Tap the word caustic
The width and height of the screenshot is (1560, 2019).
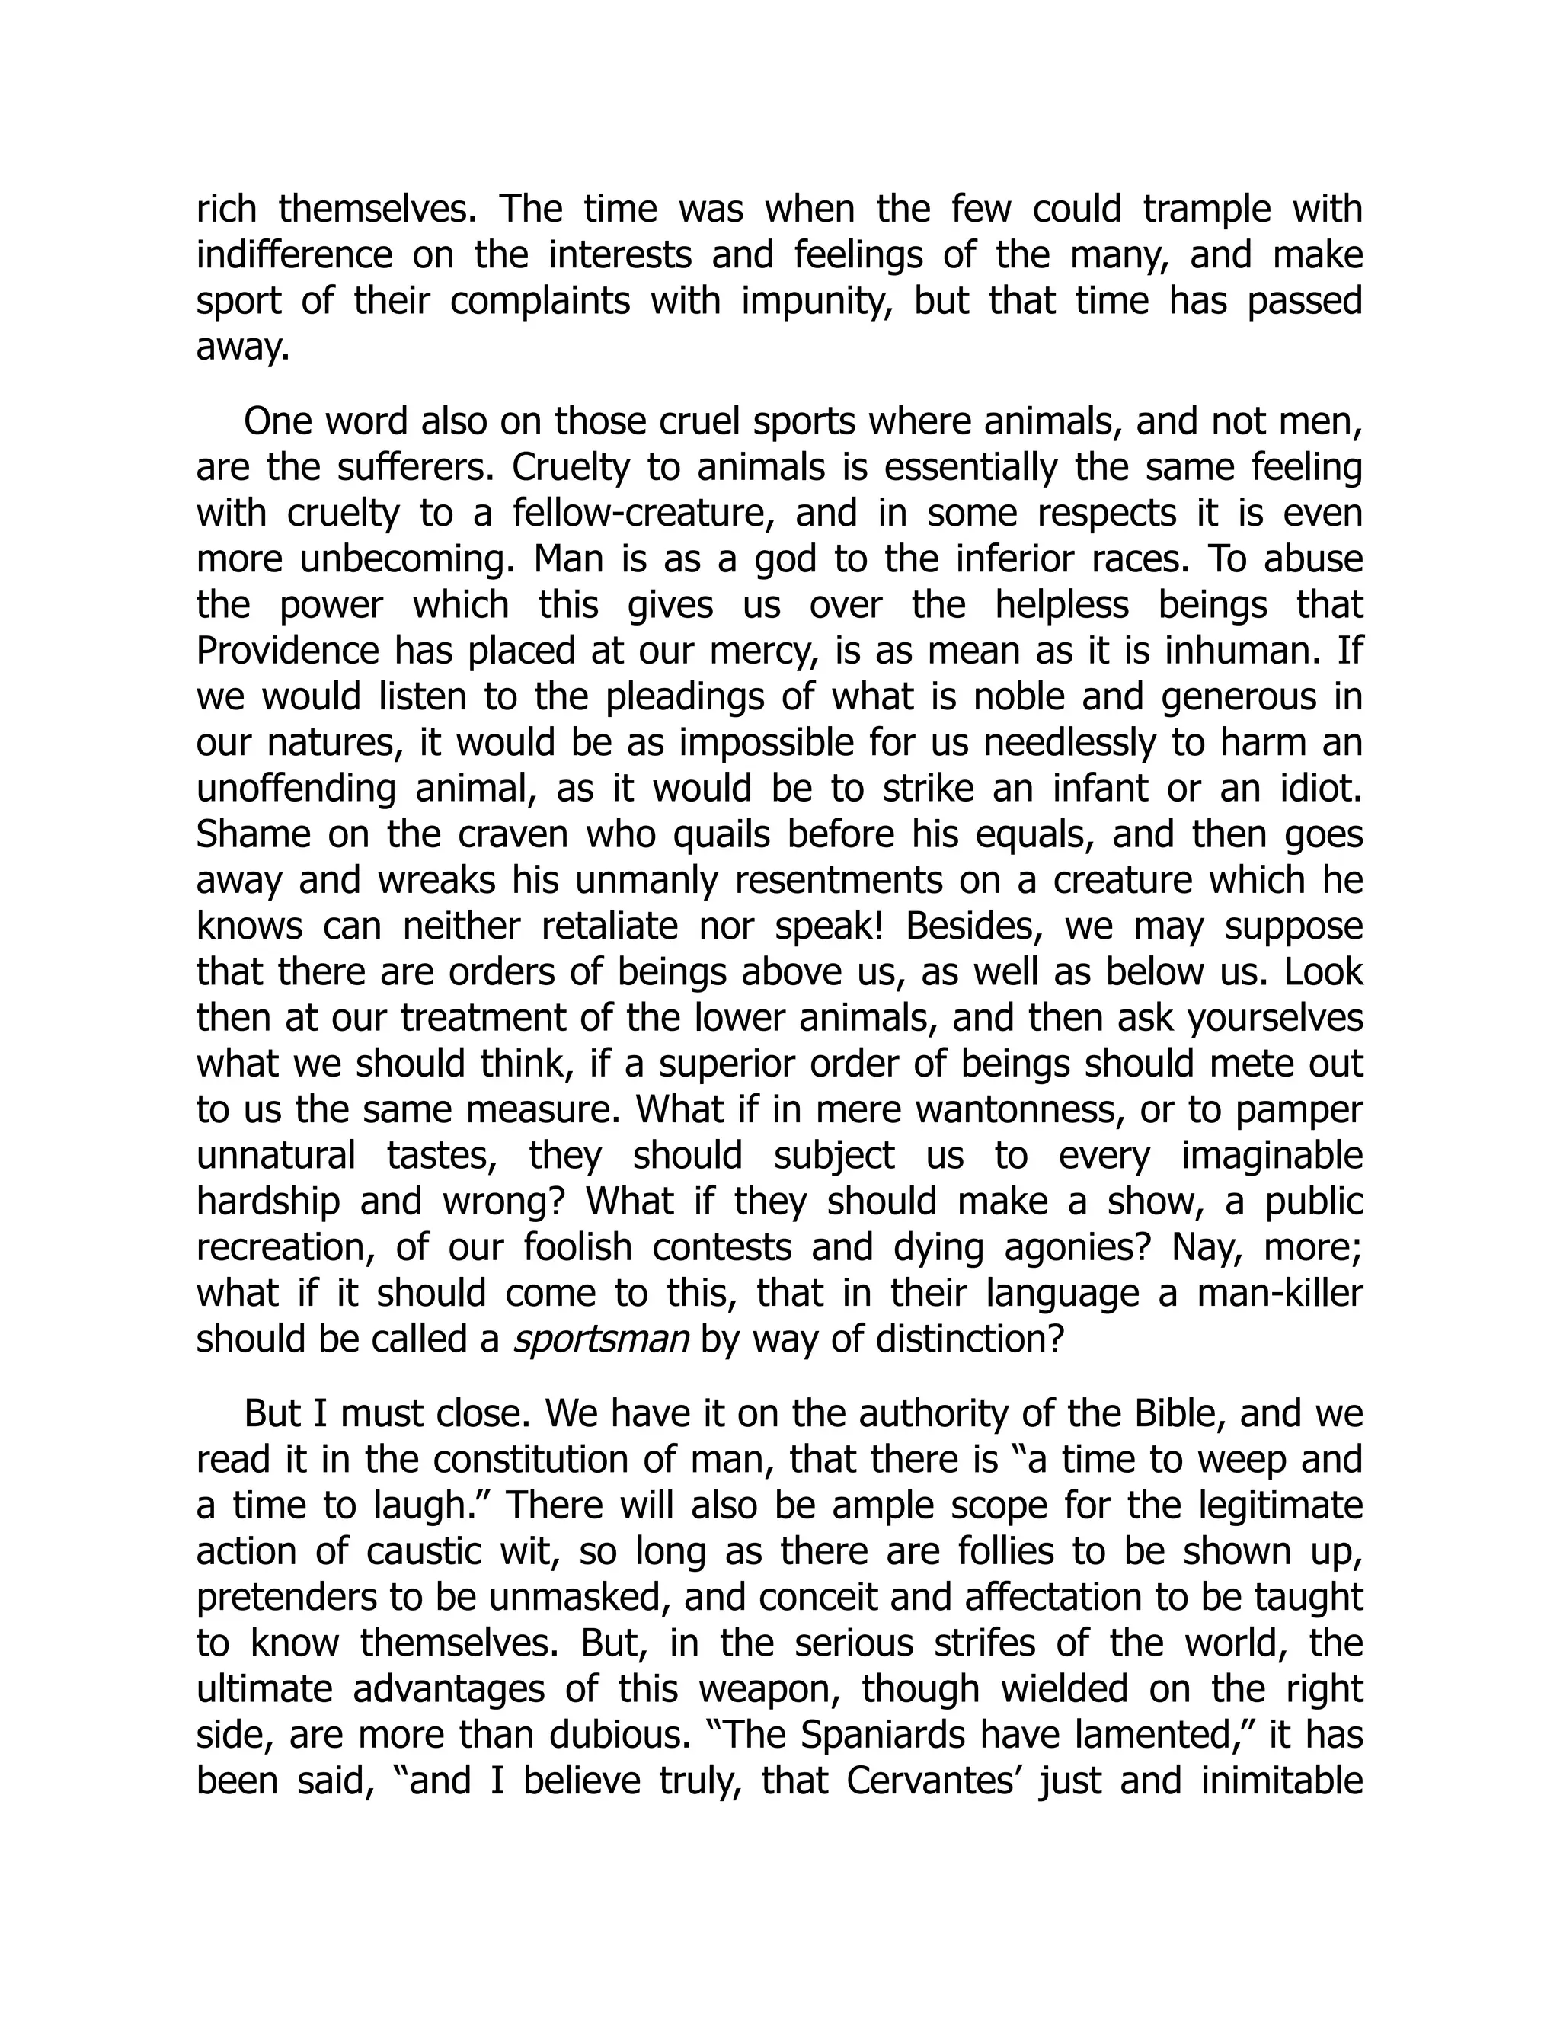pos(424,1552)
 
